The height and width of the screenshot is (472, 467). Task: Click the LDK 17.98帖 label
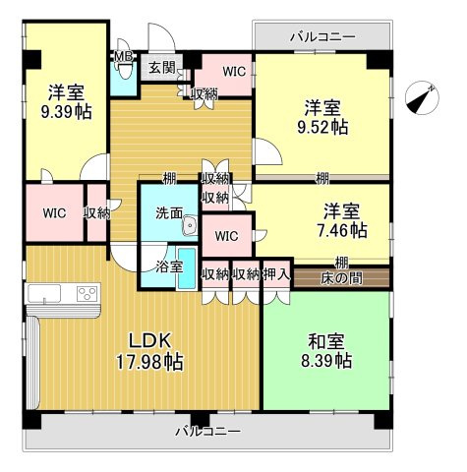pos(149,351)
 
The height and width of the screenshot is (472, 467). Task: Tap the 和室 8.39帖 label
pos(326,351)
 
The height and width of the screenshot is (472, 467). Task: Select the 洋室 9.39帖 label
pos(66,102)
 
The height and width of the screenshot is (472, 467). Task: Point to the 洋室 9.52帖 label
pos(322,117)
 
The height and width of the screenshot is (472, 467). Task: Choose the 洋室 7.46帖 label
pos(342,220)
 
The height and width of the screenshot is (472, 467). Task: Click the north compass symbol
pos(422,97)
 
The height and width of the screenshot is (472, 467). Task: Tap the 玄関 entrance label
pos(161,68)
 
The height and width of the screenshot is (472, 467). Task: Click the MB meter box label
pos(123,56)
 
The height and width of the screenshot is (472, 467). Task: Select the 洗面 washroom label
pos(169,213)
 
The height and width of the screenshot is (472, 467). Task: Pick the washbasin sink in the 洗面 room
pos(190,226)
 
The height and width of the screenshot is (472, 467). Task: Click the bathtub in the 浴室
pos(187,268)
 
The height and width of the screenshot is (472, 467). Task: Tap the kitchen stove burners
pos(88,293)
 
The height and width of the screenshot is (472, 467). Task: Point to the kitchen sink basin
pos(44,293)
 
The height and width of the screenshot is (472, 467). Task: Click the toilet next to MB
pos(125,71)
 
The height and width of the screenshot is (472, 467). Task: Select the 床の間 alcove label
pos(341,279)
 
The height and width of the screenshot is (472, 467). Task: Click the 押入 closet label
pos(277,274)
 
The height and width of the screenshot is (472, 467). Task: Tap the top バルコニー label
pos(322,36)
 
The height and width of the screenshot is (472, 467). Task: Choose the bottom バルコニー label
pos(207,431)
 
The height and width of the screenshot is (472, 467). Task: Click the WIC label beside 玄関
pos(234,72)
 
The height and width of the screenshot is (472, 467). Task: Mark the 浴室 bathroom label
pos(169,267)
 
